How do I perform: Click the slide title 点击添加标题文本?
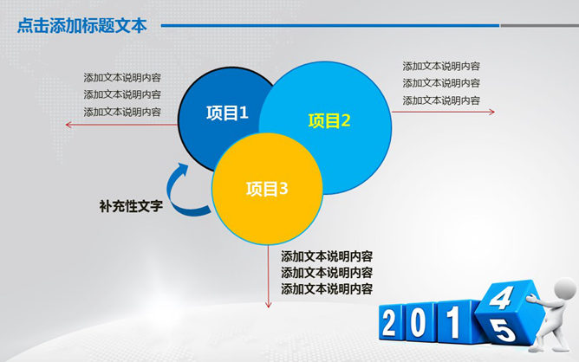tap(82, 25)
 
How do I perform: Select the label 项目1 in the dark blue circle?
tap(227, 113)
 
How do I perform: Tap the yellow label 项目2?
tap(329, 120)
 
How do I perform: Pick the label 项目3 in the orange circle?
tap(267, 189)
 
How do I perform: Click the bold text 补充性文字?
tap(131, 206)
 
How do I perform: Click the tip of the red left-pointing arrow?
tap(66, 125)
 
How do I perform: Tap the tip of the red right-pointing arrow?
tap(494, 112)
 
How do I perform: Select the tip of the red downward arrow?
tap(269, 307)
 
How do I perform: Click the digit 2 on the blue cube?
tap(389, 323)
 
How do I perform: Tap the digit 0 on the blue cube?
tap(418, 323)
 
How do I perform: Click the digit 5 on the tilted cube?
tap(503, 330)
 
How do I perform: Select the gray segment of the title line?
tap(539, 25)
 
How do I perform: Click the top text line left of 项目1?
tap(122, 77)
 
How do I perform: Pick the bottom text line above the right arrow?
tap(441, 100)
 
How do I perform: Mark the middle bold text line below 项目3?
tap(327, 273)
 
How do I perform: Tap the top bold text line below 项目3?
tap(327, 256)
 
